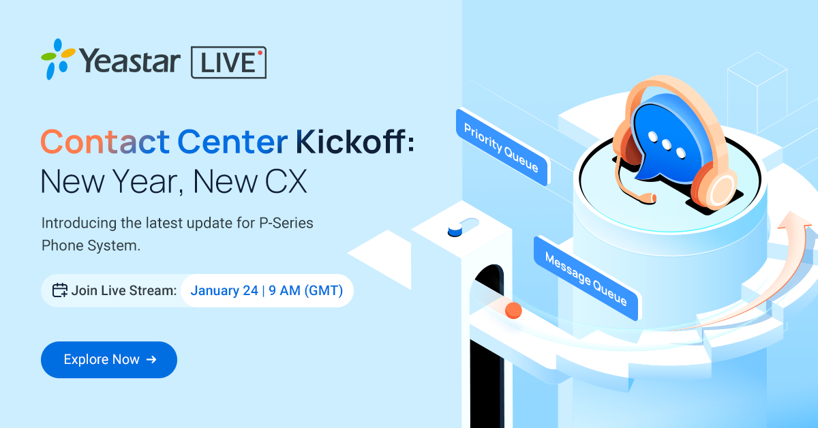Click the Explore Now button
coord(109,360)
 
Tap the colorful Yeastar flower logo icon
coord(58,59)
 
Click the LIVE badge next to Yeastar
coord(228,63)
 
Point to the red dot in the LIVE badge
coord(260,53)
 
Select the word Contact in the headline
coord(105,142)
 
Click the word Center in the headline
coord(232,142)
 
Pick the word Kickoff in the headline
coord(350,141)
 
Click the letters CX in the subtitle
coord(286,181)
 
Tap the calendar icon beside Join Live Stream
coord(60,290)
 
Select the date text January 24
coord(224,291)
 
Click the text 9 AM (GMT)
coord(305,291)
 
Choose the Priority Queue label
coord(503,147)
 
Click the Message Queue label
coord(586,278)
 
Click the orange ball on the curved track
coord(513,310)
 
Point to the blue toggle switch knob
coord(455,231)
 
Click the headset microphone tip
coord(652,198)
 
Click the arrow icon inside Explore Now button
coord(151,360)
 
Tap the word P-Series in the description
coord(286,223)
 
